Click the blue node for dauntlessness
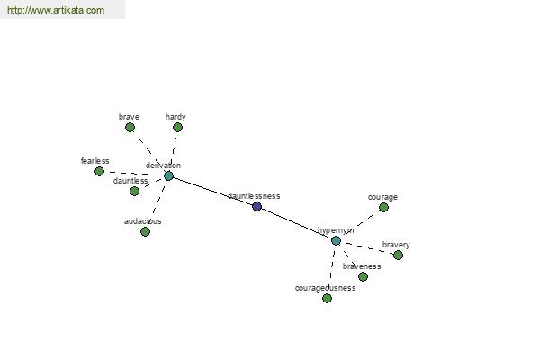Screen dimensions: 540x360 tap(256, 206)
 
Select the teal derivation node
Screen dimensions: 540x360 tap(168, 176)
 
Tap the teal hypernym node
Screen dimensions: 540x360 tap(336, 240)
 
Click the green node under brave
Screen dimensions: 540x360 tap(130, 128)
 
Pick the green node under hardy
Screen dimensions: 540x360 tap(177, 128)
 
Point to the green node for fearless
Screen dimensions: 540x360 tap(100, 171)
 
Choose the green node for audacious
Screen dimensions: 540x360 tap(145, 231)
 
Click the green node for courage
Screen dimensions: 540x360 tap(383, 207)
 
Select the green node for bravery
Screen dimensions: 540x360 tap(398, 255)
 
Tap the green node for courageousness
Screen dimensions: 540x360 tap(328, 298)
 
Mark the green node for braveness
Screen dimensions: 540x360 tap(363, 276)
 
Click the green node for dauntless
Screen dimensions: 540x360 tap(135, 191)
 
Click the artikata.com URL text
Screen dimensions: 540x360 tap(56, 10)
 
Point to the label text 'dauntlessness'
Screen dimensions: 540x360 tap(254, 196)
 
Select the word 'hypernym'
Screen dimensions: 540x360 tap(336, 230)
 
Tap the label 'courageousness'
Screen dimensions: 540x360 tap(326, 288)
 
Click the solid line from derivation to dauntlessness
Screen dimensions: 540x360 tap(212, 191)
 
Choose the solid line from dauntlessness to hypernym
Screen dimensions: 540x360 tap(296, 223)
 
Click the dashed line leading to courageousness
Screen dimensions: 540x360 tap(331, 269)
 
